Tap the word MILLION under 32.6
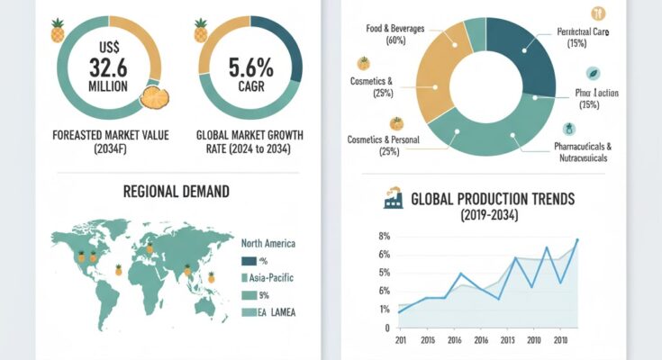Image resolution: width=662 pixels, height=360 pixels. [x=108, y=86]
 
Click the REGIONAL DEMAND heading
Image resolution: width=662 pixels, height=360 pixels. [x=177, y=192]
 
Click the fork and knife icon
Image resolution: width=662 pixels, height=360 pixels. [x=597, y=13]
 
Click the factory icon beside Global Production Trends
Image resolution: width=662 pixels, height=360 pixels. [x=393, y=200]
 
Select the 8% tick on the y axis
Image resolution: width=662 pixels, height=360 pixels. [x=384, y=237]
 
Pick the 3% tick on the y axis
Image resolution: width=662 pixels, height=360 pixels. [x=384, y=291]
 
